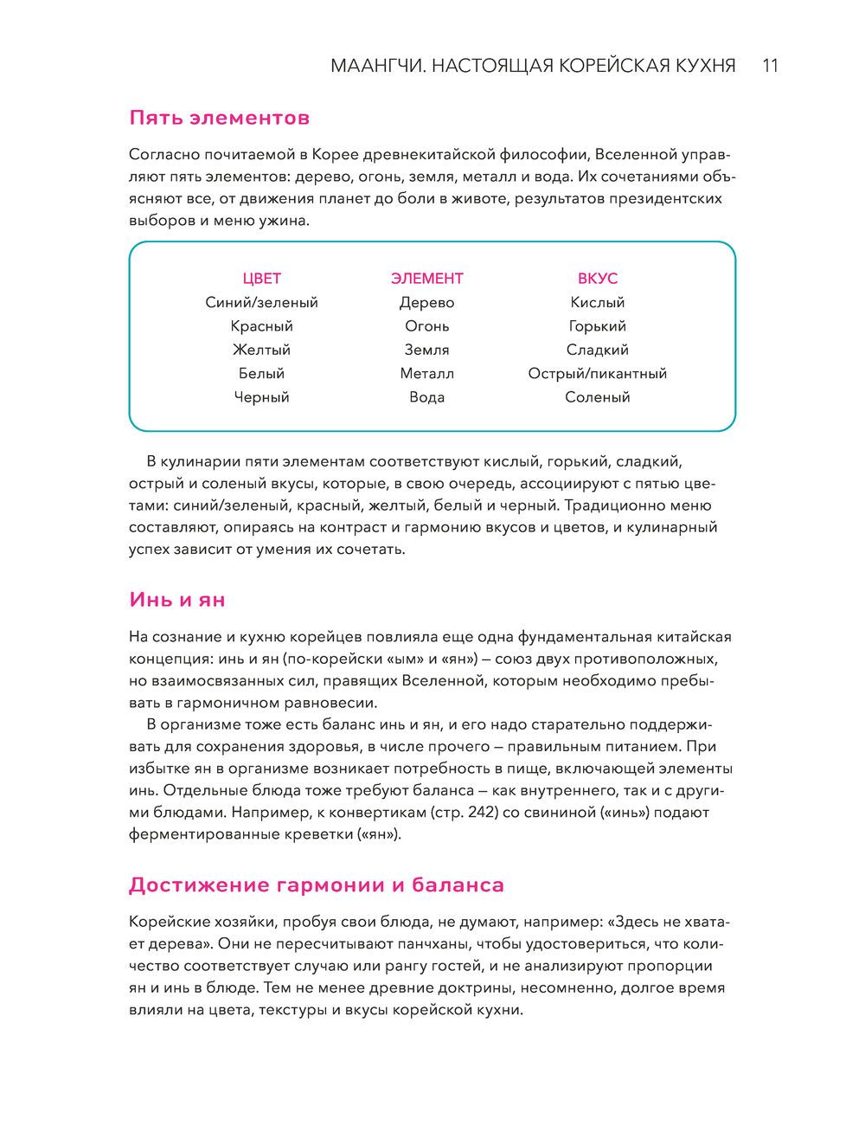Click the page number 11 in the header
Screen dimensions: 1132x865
point(771,66)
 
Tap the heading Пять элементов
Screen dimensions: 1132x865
point(219,117)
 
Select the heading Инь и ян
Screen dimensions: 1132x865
point(177,599)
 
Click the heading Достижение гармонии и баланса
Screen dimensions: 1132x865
point(316,884)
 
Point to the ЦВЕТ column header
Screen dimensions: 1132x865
point(261,279)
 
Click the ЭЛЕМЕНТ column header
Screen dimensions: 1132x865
point(426,279)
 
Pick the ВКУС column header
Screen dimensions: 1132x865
point(597,279)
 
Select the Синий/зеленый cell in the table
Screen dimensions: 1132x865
point(261,303)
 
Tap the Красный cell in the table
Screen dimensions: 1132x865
point(261,326)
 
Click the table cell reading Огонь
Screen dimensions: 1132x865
point(426,326)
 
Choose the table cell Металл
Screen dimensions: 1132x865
point(426,374)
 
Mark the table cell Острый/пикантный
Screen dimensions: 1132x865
point(597,374)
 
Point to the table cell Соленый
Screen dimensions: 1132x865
point(597,397)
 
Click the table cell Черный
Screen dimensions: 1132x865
point(261,397)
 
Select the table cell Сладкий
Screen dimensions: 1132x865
point(597,350)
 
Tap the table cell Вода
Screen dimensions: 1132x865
point(426,397)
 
